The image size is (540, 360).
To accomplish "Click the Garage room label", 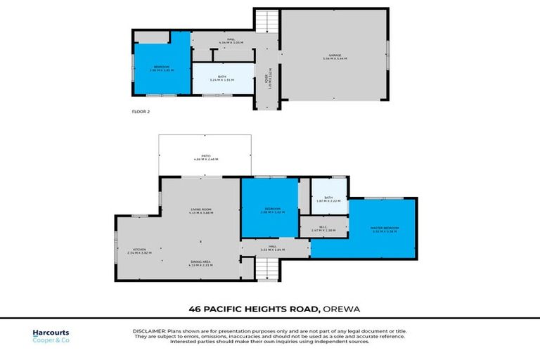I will click(x=335, y=57).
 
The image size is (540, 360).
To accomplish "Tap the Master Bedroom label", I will click(x=385, y=229).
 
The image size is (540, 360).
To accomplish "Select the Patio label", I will click(x=207, y=157).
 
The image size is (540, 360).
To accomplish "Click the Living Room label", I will click(x=201, y=210).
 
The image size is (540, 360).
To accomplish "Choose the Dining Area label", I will click(x=201, y=263).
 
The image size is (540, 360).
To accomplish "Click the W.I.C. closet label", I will click(x=324, y=228).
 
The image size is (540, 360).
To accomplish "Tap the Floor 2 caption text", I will click(x=141, y=111).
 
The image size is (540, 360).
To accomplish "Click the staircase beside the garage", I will click(x=266, y=22).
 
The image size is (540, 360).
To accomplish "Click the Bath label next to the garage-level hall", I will click(x=221, y=79).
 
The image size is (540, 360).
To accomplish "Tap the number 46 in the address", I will click(x=194, y=308).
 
